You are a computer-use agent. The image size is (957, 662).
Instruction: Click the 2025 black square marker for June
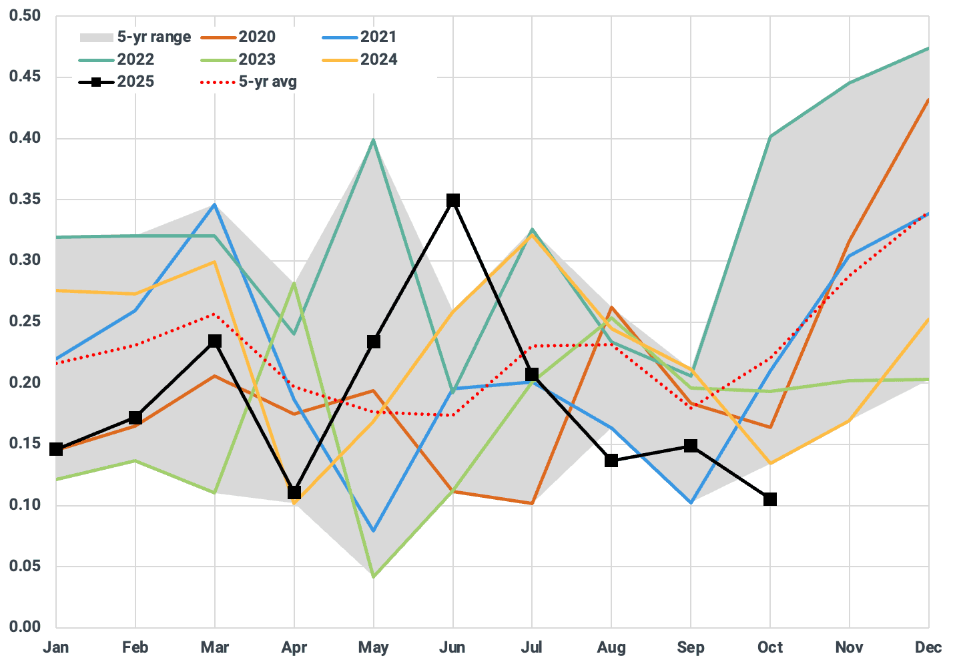453,200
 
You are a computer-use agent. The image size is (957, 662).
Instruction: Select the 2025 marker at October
770,499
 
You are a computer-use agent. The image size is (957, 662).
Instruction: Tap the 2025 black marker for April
294,492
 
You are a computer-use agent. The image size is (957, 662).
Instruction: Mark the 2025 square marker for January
56,449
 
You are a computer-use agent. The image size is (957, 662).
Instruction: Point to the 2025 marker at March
215,341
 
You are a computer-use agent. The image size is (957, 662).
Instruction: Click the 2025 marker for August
611,460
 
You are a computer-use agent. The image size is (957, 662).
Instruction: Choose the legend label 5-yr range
154,37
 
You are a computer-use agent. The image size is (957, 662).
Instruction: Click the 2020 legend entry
257,37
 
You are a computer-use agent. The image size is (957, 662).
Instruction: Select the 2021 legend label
378,37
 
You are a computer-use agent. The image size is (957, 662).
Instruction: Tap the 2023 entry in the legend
257,59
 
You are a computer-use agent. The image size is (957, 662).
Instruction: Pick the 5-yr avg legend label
268,81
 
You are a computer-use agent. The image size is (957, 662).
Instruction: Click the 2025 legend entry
135,81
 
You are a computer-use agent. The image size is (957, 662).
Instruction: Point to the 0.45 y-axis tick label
25,77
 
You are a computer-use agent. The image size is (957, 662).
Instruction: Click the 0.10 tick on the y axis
25,505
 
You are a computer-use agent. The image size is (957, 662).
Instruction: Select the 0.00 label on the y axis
25,627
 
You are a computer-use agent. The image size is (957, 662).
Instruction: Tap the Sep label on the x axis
691,647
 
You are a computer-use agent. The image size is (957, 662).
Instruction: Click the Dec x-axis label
928,647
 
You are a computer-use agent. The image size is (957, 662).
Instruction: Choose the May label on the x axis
373,647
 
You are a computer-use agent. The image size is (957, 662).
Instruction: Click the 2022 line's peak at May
374,139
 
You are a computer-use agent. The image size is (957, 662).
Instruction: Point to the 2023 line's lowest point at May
374,577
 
